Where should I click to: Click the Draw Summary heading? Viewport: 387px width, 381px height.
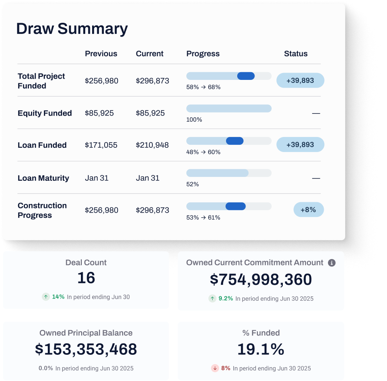(72, 29)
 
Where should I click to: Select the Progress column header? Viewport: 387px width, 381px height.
(203, 54)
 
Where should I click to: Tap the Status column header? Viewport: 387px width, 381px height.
(296, 54)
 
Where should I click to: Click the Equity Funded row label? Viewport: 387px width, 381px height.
(45, 113)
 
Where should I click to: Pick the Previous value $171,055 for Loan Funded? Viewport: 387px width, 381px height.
(101, 145)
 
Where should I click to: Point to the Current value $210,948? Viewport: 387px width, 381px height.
(152, 145)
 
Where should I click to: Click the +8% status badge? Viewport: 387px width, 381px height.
(308, 210)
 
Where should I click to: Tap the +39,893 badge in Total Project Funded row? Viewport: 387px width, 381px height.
(300, 80)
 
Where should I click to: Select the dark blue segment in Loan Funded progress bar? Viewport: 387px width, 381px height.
(235, 141)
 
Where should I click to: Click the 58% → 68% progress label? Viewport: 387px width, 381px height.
(203, 87)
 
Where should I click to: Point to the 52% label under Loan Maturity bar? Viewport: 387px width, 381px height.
(192, 184)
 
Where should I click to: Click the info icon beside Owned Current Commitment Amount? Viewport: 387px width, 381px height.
(331, 263)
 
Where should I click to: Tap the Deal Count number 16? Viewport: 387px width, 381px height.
(86, 278)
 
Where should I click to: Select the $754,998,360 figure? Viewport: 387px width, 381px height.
(261, 280)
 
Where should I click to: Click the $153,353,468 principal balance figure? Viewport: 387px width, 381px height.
(86, 349)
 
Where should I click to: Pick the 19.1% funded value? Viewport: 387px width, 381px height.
(261, 349)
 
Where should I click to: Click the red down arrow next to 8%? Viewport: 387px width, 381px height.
(215, 368)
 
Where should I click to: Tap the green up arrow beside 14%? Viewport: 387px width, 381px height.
(46, 297)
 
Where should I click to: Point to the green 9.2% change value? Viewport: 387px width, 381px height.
(226, 299)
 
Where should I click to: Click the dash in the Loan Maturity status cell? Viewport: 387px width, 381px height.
(316, 178)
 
